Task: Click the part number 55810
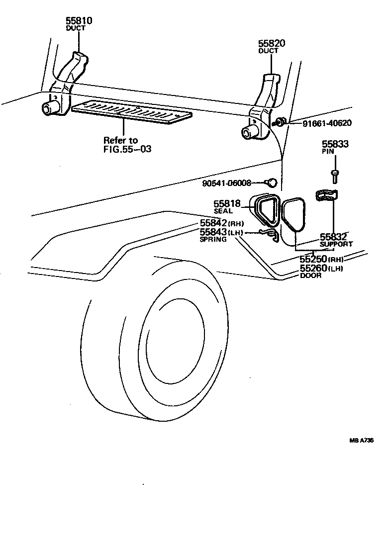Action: [x=79, y=20]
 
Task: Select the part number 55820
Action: [x=272, y=43]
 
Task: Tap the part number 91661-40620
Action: [x=327, y=123]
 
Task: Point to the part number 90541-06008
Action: [x=227, y=183]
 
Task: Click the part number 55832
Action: [x=333, y=237]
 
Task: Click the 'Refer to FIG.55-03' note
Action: [x=127, y=145]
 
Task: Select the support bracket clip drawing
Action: [x=326, y=196]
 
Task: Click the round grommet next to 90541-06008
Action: [x=272, y=183]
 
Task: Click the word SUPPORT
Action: [x=336, y=244]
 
